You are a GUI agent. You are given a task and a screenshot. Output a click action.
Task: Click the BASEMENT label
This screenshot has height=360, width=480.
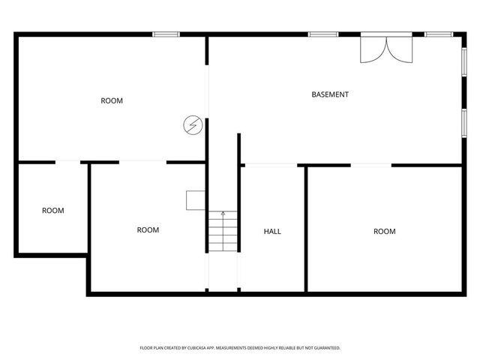[330, 94]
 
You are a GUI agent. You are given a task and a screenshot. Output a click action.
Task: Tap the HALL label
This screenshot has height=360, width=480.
[272, 231]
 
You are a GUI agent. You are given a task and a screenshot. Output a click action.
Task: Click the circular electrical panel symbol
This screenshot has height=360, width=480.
[193, 124]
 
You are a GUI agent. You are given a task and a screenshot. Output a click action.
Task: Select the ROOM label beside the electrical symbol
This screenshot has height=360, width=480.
[112, 100]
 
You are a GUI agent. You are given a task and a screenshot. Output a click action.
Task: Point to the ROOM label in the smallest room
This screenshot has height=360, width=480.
[52, 211]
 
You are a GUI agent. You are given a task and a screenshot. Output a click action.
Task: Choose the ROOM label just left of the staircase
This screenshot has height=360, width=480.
[148, 229]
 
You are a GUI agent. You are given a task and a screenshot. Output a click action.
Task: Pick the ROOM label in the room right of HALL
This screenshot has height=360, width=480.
[384, 231]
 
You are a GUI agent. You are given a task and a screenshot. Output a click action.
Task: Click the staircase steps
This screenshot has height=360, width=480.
[223, 233]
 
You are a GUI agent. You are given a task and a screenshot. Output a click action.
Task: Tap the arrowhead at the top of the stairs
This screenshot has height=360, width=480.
[223, 214]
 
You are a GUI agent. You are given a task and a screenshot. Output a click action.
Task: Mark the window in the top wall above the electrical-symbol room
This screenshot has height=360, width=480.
[166, 34]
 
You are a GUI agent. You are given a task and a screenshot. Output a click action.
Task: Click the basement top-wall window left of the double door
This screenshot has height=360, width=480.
[322, 34]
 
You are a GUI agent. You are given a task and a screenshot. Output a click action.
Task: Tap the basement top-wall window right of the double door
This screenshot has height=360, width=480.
[437, 34]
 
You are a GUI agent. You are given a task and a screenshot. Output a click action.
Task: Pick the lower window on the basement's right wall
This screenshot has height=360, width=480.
[464, 122]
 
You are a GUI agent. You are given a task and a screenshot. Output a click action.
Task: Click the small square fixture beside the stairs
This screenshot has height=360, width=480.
[196, 199]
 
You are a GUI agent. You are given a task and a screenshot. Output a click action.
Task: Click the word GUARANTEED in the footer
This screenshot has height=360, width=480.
[325, 348]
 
